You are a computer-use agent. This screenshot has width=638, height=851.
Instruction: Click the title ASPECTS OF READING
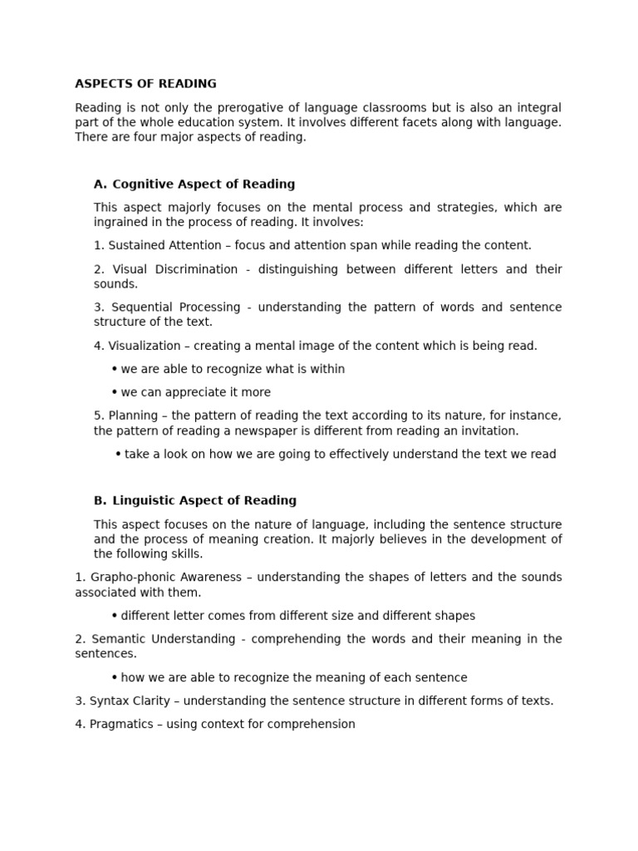point(145,84)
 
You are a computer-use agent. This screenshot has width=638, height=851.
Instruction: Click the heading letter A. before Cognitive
point(101,184)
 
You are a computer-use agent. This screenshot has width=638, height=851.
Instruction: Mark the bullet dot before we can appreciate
point(114,392)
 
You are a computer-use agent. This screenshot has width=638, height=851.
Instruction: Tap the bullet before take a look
point(118,454)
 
